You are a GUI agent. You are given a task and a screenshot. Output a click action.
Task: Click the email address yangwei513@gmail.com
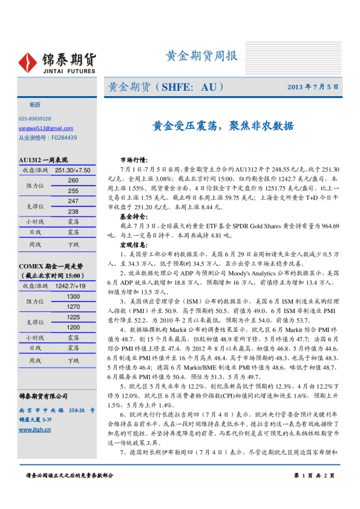pos(45,128)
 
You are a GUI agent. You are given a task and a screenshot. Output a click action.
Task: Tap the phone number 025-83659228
pos(34,119)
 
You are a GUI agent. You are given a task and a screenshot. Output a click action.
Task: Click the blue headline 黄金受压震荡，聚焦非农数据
pos(223,126)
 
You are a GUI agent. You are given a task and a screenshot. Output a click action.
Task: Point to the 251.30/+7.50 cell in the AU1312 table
pos(73,170)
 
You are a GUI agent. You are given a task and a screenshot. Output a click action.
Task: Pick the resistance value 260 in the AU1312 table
pos(73,181)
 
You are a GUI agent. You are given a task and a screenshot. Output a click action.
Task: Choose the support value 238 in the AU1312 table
pos(73,212)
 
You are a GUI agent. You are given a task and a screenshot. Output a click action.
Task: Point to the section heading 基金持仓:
pos(134,216)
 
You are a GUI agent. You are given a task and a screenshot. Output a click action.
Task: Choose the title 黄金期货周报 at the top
pos(201,56)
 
